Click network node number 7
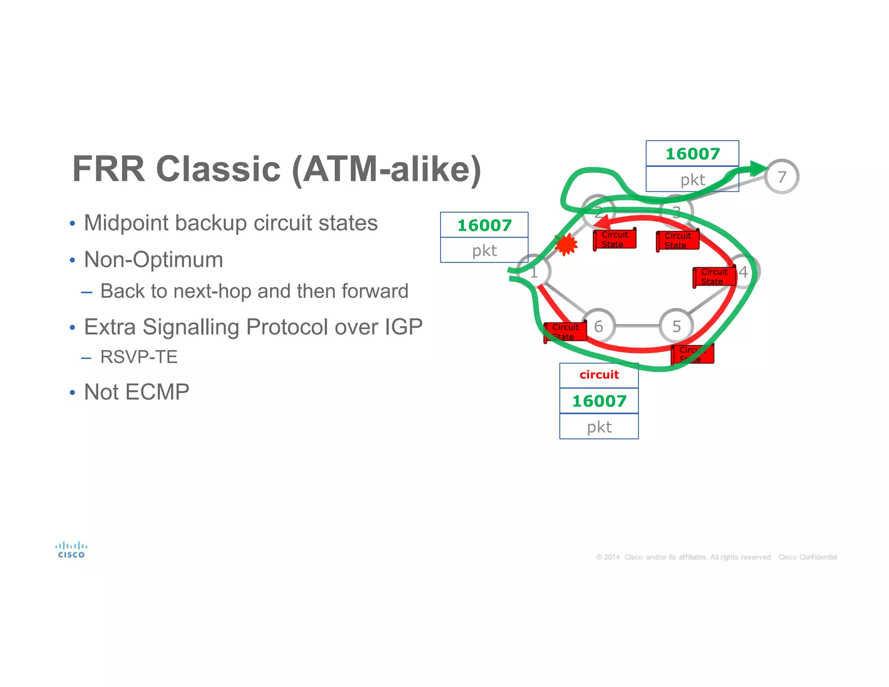781,177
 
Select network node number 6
599,326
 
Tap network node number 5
676,326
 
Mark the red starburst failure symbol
566,244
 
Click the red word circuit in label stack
599,375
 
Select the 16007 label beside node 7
692,154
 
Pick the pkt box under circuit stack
599,427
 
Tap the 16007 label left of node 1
484,225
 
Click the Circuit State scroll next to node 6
565,332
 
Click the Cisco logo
71,550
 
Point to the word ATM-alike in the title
386,169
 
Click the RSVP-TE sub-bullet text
139,357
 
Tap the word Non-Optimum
153,260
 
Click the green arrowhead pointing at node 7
758,168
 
